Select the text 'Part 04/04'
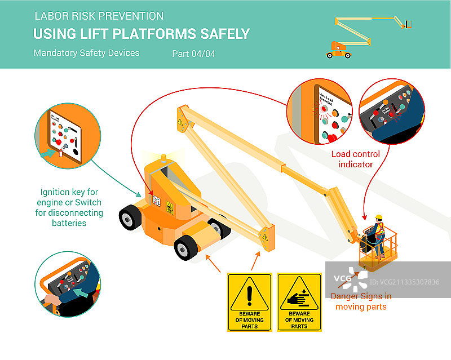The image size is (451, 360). pyautogui.click(x=193, y=54)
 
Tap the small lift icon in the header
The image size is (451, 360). pyautogui.click(x=369, y=36)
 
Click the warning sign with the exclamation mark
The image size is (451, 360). pyautogui.click(x=250, y=301)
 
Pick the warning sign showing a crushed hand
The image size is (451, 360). pyautogui.click(x=299, y=301)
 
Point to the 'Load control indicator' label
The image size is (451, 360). pyautogui.click(x=355, y=159)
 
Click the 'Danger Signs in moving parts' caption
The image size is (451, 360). pyautogui.click(x=361, y=301)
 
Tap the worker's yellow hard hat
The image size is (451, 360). pyautogui.click(x=379, y=217)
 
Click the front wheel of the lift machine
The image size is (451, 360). pyautogui.click(x=187, y=248)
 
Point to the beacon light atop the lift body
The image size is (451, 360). pyautogui.click(x=164, y=157)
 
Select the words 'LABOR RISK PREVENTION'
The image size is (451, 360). pyautogui.click(x=99, y=16)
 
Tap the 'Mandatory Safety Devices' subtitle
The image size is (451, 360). pyautogui.click(x=86, y=54)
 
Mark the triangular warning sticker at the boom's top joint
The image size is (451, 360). pyautogui.click(x=180, y=122)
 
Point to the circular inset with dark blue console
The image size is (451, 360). pyautogui.click(x=392, y=110)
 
